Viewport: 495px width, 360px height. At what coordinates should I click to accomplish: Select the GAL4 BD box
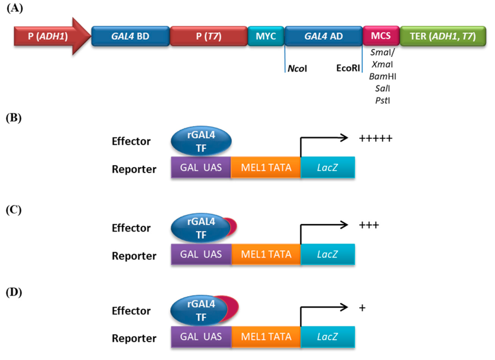click(x=131, y=36)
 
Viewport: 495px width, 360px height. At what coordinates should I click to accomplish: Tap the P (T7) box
click(x=209, y=36)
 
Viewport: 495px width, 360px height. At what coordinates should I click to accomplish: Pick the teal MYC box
click(x=266, y=36)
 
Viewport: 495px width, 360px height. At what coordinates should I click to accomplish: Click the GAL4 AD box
click(x=323, y=36)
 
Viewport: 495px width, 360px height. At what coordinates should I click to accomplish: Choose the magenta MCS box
click(x=381, y=36)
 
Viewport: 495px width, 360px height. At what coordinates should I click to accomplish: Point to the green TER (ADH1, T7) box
click(x=443, y=36)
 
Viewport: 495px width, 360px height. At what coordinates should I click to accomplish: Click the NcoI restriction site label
click(x=297, y=69)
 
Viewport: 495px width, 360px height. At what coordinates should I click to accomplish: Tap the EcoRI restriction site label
click(x=348, y=68)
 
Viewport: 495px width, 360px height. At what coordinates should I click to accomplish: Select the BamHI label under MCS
click(x=383, y=76)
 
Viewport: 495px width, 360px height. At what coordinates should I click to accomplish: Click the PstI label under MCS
click(x=383, y=101)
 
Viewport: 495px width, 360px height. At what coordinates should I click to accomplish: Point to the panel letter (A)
click(x=15, y=8)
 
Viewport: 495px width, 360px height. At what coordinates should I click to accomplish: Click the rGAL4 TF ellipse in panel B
click(x=201, y=142)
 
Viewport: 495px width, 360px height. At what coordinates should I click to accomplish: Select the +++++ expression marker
click(x=376, y=138)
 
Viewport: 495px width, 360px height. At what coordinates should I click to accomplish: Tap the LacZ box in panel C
click(x=328, y=254)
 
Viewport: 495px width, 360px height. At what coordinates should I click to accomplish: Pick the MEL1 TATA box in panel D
click(x=266, y=337)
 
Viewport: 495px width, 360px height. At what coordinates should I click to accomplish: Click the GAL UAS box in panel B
click(x=201, y=167)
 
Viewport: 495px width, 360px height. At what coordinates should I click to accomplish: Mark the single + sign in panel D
click(x=363, y=308)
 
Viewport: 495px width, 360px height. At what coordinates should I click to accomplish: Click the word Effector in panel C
click(x=131, y=228)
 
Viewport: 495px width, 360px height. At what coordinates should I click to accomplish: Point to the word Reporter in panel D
click(x=134, y=338)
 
